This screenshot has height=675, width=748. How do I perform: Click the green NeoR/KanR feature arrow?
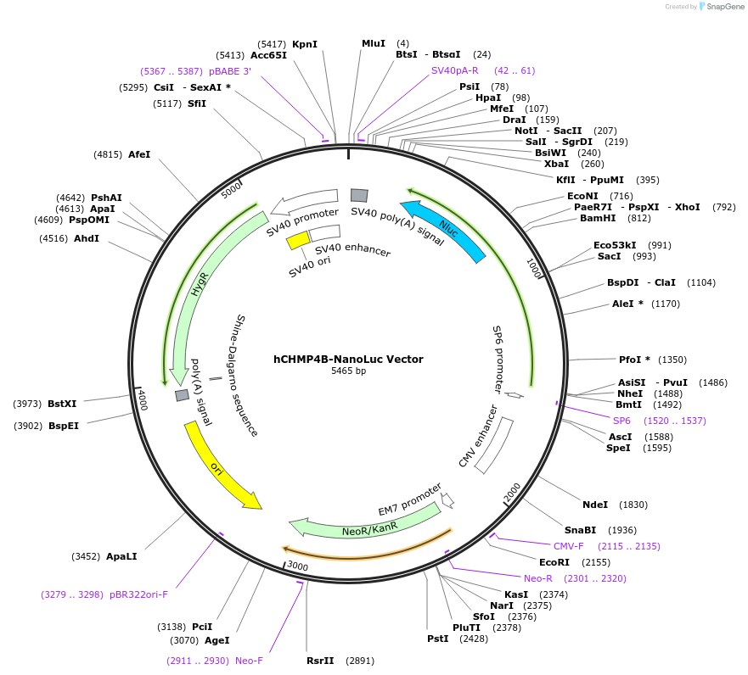[x=369, y=525]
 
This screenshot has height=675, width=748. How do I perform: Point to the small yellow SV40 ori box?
[x=298, y=241]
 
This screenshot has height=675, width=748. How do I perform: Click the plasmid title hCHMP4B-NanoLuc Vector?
[x=348, y=359]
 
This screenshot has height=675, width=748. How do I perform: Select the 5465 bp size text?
[x=348, y=371]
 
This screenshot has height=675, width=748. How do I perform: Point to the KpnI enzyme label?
[x=304, y=43]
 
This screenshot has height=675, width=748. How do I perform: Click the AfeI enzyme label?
[x=138, y=154]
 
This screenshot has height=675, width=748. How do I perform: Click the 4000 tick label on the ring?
[x=143, y=399]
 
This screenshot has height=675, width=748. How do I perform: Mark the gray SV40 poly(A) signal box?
[x=359, y=195]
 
